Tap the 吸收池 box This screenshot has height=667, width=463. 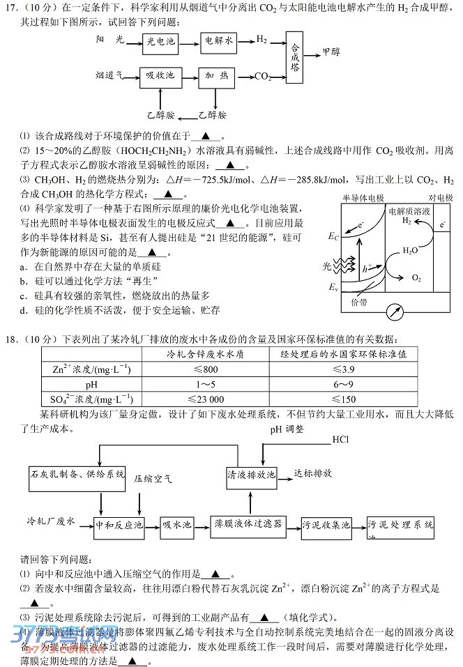tap(160, 75)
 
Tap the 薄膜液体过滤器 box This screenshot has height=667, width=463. tap(250, 523)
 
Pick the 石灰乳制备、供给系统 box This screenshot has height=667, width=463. tap(77, 474)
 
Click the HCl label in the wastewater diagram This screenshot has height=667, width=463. tap(341, 439)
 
